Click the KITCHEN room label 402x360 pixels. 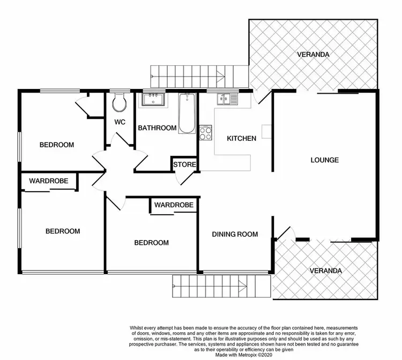241,138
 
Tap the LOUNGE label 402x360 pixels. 325,160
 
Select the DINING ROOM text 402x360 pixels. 235,234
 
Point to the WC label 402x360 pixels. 120,122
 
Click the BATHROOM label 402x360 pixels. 157,128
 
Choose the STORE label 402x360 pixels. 185,164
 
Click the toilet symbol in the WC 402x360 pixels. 120,101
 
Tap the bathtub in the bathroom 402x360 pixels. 187,113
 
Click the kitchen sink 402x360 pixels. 227,99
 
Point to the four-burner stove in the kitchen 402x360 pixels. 206,132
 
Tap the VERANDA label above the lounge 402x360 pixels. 314,55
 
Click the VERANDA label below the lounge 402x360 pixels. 325,271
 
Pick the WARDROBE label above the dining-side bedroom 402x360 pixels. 173,205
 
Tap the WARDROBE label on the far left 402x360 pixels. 48,181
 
